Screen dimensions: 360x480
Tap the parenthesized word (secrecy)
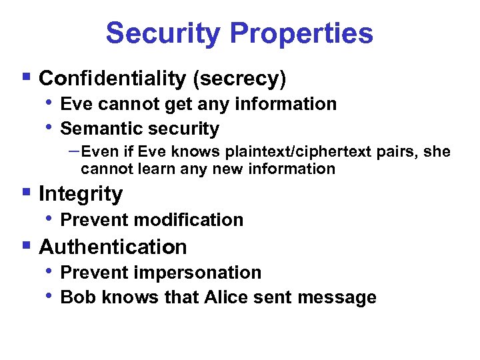point(239,79)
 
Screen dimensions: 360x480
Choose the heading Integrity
point(81,194)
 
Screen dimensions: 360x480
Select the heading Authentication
point(113,247)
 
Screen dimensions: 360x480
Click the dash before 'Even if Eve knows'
point(74,151)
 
